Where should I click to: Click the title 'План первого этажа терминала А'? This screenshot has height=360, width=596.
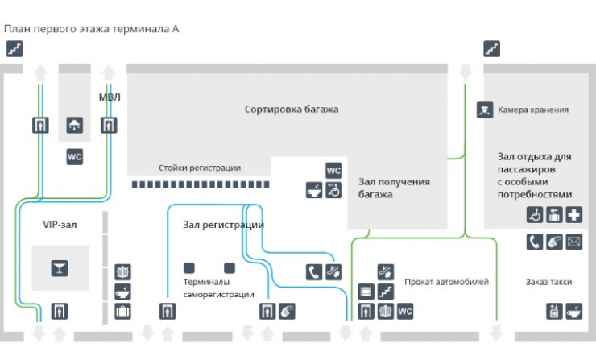click(x=92, y=29)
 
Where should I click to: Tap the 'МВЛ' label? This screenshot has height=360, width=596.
click(x=110, y=97)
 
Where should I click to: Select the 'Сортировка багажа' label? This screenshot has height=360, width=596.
click(x=292, y=109)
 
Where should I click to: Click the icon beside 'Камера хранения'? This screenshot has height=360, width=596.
click(x=484, y=110)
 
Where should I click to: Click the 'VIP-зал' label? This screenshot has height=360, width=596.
click(x=59, y=225)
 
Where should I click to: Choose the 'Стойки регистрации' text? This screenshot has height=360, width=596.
click(x=199, y=168)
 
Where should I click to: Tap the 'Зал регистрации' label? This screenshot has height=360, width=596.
click(x=224, y=225)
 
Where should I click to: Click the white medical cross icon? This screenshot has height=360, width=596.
click(x=573, y=215)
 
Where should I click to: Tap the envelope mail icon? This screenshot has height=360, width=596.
click(x=573, y=241)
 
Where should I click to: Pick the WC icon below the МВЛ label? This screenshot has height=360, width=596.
click(x=75, y=156)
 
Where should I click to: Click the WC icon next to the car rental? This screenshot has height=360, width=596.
click(x=405, y=311)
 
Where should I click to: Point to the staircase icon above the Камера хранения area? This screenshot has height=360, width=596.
click(x=492, y=49)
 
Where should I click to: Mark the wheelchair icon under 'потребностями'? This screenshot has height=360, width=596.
click(x=535, y=215)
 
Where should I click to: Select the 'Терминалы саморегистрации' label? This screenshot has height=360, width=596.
click(x=219, y=289)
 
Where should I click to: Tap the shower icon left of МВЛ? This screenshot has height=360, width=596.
click(x=75, y=125)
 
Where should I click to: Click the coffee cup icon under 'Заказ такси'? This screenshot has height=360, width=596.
click(x=573, y=310)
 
